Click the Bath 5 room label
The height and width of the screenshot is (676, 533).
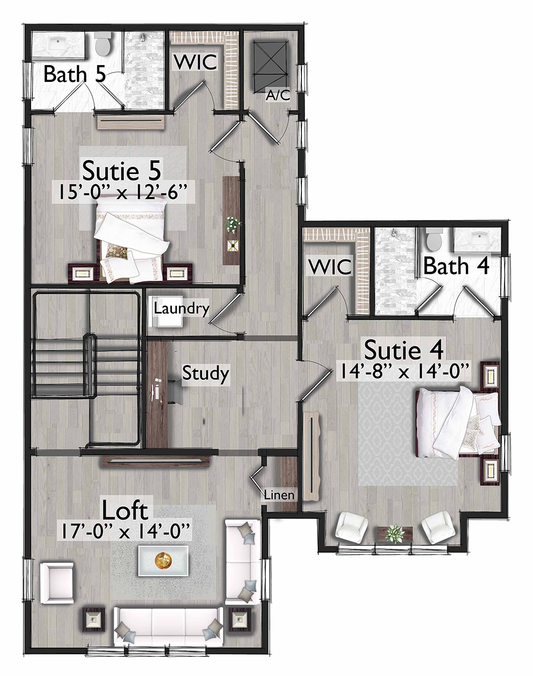(75, 74)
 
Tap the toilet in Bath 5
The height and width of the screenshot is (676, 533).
(103, 44)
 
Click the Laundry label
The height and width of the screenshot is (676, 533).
(181, 309)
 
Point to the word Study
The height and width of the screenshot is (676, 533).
(205, 374)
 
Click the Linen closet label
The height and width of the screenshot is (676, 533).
(279, 495)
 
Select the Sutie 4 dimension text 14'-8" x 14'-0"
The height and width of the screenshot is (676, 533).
(403, 372)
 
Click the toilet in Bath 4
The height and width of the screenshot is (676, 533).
(434, 239)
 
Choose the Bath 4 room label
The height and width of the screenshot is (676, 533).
(456, 266)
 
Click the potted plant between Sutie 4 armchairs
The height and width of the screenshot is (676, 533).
(394, 533)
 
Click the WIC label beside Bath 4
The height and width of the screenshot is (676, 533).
(330, 267)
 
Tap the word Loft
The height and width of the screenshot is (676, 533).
(124, 511)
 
